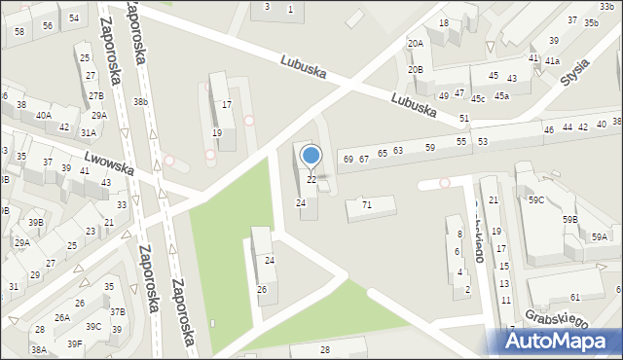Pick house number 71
(367, 205)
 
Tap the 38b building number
(141, 102)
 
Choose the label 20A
(416, 44)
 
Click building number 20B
(416, 70)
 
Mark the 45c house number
(478, 98)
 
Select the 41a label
(552, 61)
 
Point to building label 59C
(536, 200)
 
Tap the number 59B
(569, 220)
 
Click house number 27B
(95, 96)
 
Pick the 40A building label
(43, 115)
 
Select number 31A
(88, 132)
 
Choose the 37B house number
(117, 311)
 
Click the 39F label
(74, 344)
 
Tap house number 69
(348, 160)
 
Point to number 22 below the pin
(311, 180)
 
